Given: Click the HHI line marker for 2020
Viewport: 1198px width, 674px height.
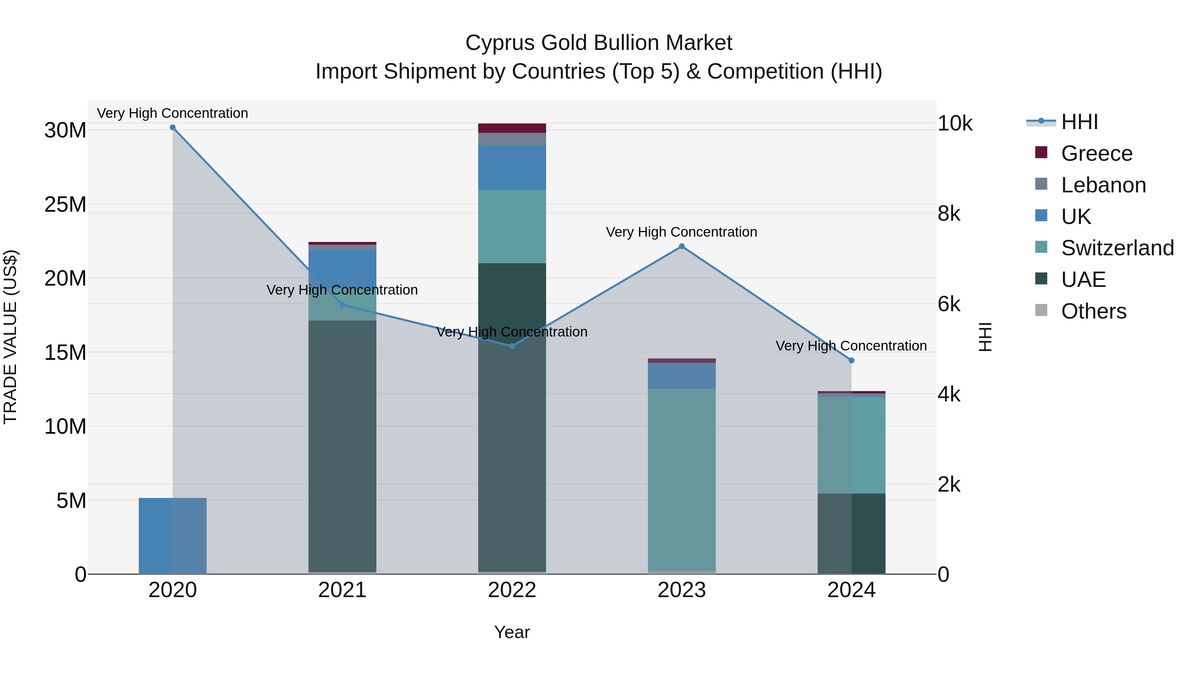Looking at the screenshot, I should coord(172,127).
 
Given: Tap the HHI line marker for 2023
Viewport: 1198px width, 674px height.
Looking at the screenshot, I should coord(682,247).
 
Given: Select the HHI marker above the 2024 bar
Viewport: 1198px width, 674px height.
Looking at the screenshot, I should coord(852,360).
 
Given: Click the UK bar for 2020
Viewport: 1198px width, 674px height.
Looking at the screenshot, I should coord(172,536).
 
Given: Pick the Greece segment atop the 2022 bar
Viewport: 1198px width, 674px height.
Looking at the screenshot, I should coord(512,128).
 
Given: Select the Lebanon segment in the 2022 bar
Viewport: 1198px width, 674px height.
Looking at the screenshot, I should coord(512,139).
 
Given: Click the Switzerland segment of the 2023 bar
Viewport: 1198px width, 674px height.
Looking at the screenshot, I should coord(682,479).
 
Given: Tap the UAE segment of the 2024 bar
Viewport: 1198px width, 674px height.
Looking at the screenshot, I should coord(852,534).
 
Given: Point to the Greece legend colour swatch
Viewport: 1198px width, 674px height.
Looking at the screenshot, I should coord(1041,152).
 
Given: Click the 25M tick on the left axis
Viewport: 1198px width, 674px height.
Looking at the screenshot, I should coord(65,205).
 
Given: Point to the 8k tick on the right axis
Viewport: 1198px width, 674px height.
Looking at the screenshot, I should coord(949,214).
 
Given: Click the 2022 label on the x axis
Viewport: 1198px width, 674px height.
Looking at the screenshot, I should coord(512,590).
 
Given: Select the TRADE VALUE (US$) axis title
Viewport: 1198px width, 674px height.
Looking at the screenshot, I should coord(10,337).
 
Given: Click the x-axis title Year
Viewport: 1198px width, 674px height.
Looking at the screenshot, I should coord(512,632).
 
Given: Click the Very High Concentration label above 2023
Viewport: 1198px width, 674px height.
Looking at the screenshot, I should coord(682,232).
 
